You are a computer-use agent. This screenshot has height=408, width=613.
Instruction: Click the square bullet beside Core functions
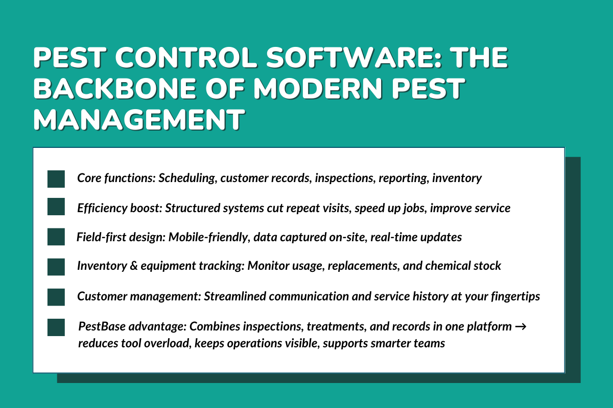56,179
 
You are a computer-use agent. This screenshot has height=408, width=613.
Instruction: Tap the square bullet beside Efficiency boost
56,208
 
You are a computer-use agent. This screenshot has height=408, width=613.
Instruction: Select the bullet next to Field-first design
56,237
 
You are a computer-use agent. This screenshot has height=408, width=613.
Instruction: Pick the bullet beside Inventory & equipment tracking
56,266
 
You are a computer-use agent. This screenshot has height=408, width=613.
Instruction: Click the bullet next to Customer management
56,296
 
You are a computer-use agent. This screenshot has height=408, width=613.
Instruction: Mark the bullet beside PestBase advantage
56,327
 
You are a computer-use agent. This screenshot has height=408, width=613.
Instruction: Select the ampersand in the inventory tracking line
129,266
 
